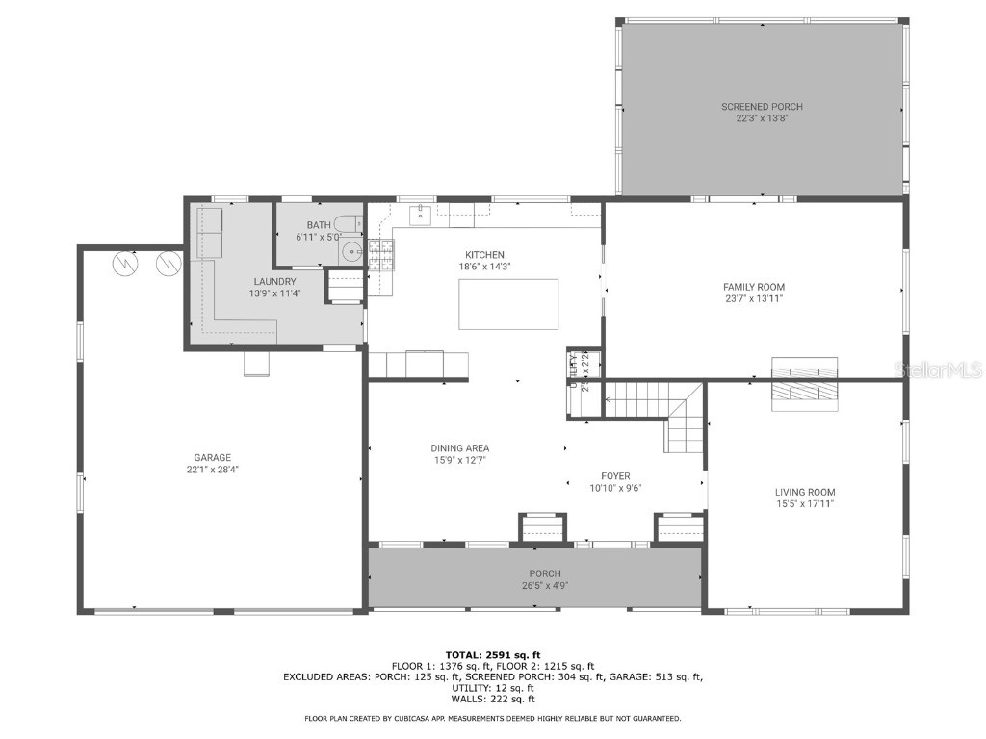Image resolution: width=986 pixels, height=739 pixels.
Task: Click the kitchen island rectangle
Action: [x=508, y=304]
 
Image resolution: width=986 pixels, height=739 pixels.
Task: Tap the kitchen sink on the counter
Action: [x=420, y=214]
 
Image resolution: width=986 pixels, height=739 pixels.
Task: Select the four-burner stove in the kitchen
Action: [x=380, y=253]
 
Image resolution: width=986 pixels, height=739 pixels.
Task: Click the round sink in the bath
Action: [x=351, y=253]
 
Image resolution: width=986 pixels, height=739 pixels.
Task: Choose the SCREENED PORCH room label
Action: [x=762, y=107]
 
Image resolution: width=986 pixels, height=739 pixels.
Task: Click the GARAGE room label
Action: [x=212, y=458]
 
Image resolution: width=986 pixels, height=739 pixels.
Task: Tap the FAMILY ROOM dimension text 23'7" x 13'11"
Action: [x=754, y=298]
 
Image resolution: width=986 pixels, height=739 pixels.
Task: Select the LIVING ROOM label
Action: [x=805, y=492]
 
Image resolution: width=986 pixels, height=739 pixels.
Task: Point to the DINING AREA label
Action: [x=459, y=448]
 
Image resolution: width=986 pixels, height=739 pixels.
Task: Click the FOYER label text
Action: [x=614, y=475]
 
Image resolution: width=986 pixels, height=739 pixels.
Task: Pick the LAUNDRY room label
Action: [x=274, y=281]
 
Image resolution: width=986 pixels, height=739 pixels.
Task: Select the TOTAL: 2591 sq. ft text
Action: [x=492, y=654]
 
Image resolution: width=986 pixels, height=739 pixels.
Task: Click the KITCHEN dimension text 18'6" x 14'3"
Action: [x=484, y=267]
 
